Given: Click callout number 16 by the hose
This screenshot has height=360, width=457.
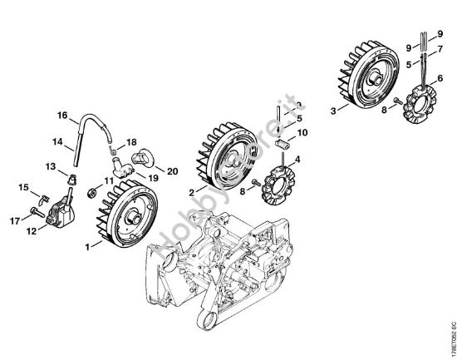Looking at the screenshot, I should (61, 115).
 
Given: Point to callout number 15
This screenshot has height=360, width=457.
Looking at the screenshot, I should (23, 186).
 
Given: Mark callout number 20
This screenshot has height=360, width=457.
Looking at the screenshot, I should (173, 170).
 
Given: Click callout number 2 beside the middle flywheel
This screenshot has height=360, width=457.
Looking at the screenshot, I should (191, 193).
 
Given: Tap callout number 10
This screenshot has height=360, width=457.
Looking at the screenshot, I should (302, 132).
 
